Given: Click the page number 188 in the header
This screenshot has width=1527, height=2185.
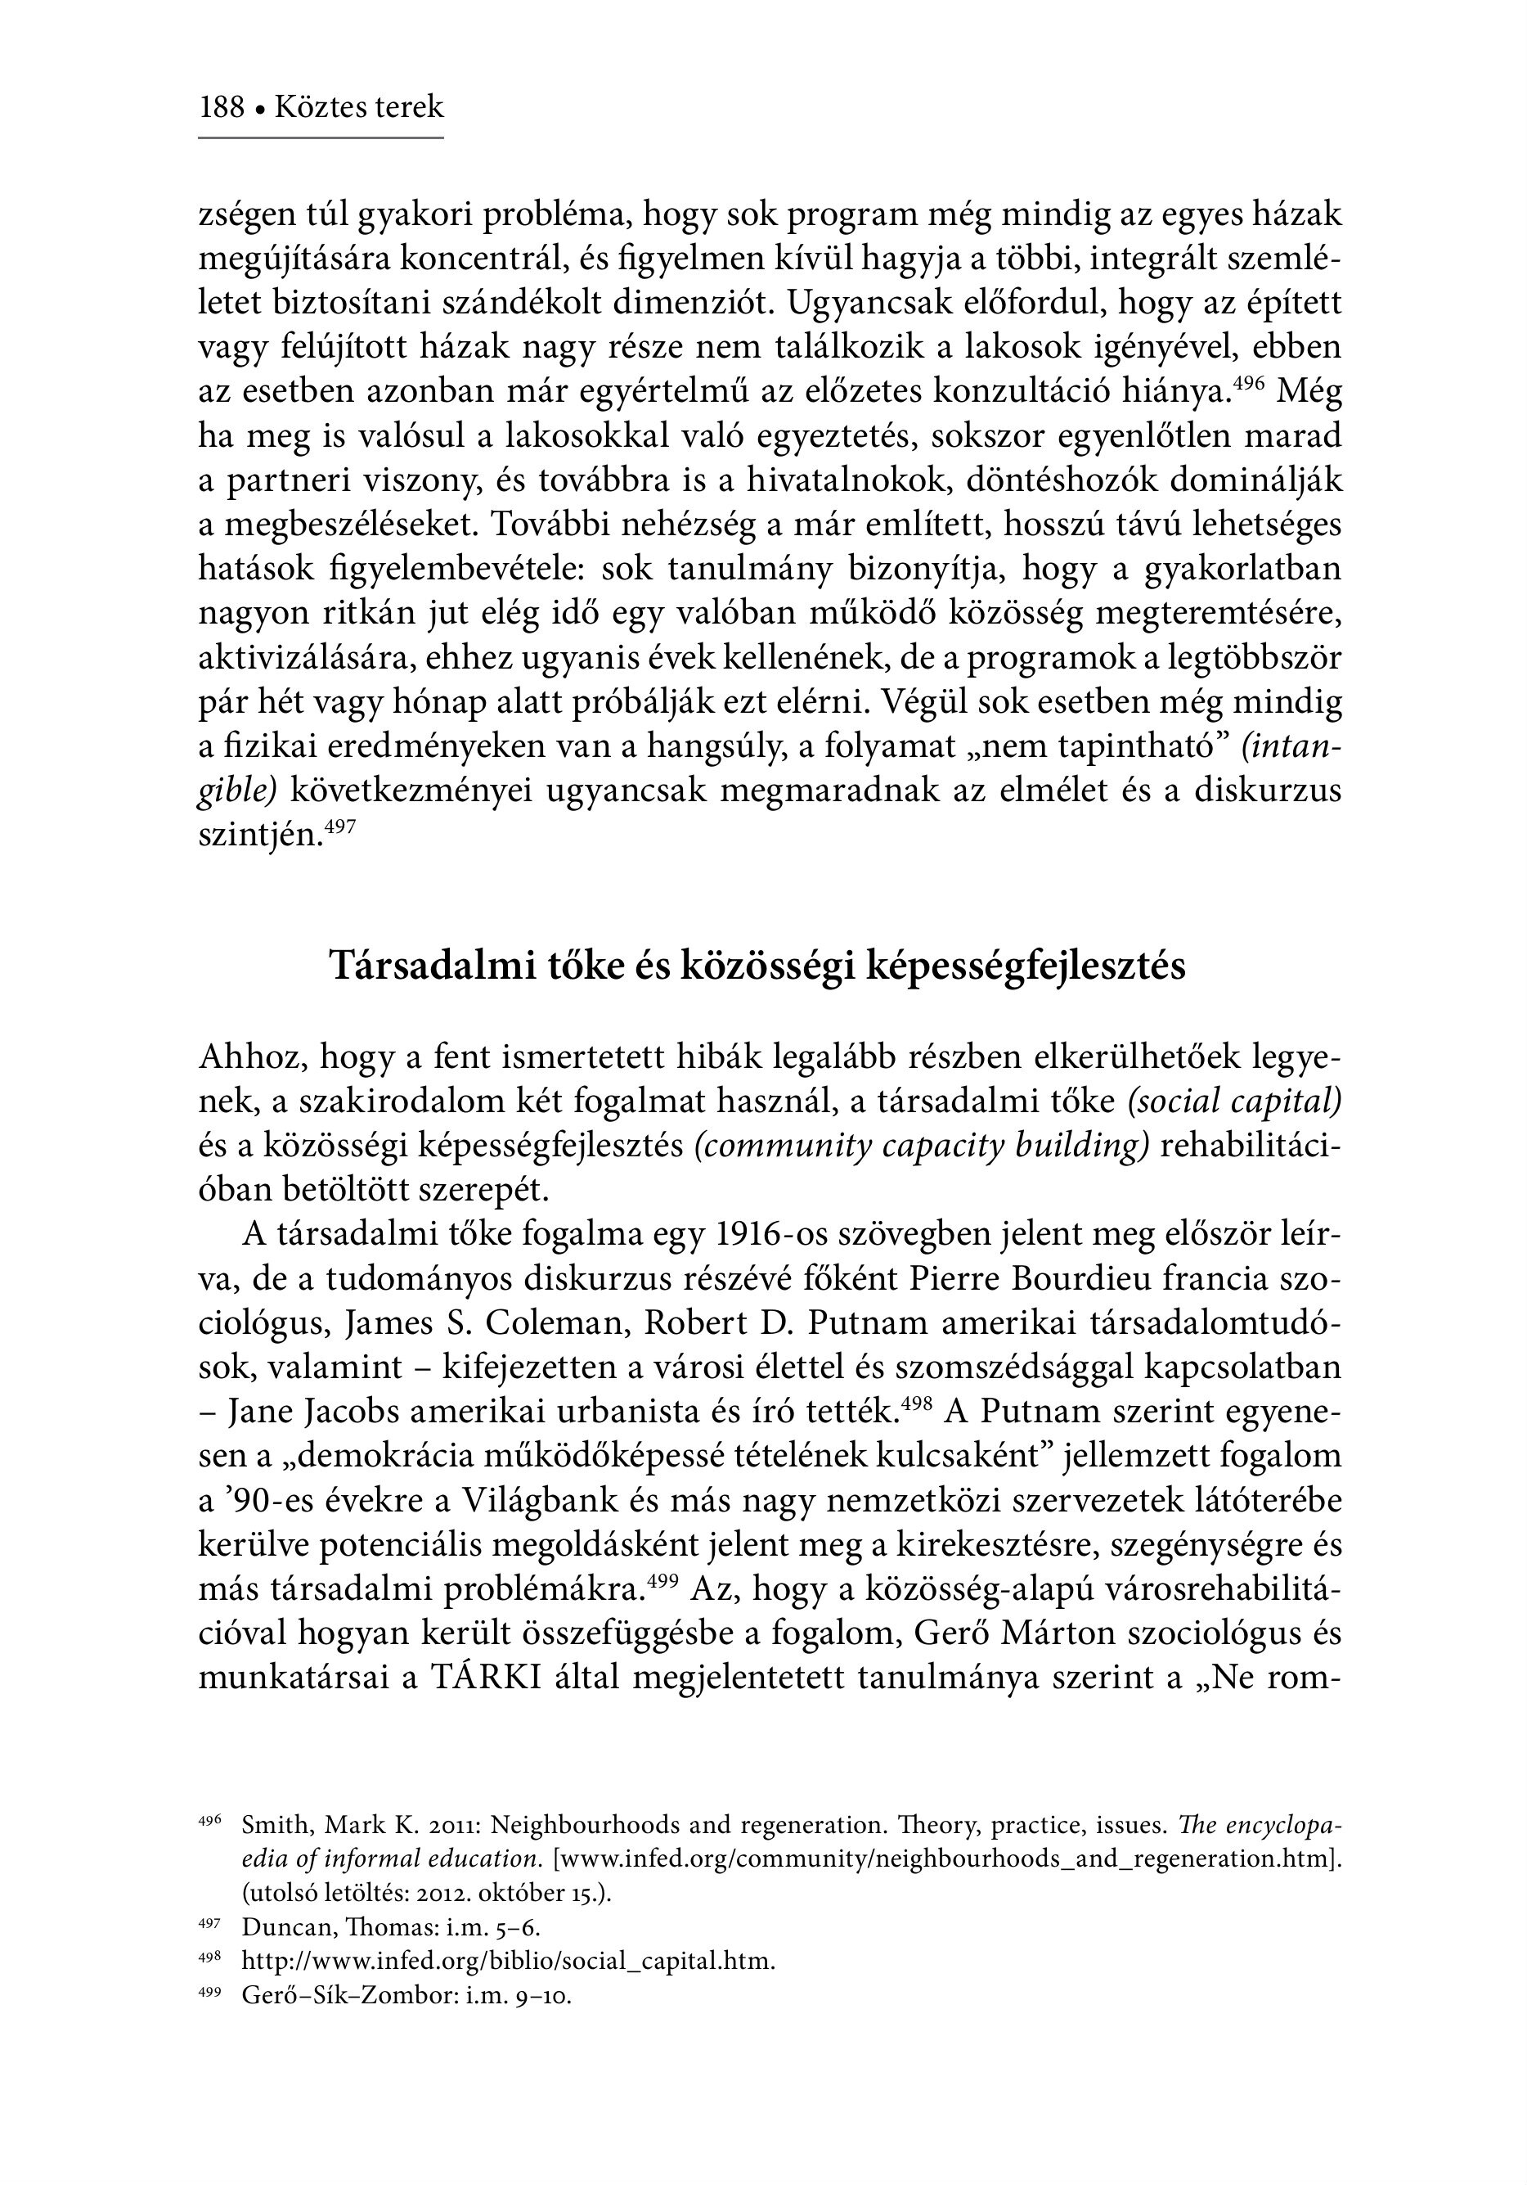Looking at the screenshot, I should pos(222,106).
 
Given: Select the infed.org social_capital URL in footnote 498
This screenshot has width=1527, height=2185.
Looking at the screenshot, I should pos(508,1962).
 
